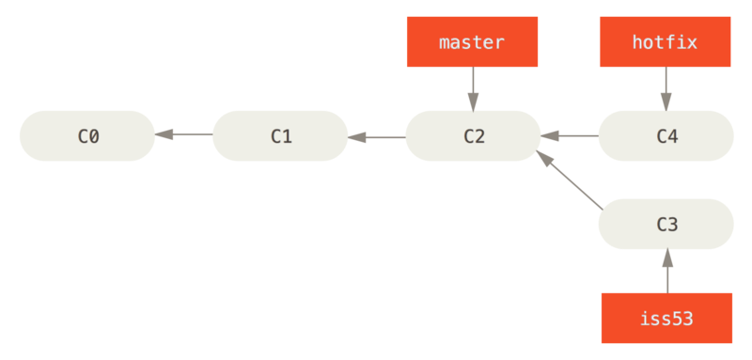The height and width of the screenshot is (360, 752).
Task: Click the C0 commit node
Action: click(x=86, y=136)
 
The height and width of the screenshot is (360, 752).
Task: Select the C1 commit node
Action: click(x=280, y=136)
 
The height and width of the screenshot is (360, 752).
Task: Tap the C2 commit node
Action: click(x=473, y=136)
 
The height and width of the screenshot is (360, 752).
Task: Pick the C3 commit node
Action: click(x=666, y=224)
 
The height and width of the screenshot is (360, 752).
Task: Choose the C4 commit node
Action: click(x=666, y=136)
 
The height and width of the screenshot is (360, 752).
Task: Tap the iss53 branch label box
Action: click(x=666, y=318)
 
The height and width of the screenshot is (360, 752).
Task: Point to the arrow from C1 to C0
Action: click(x=183, y=136)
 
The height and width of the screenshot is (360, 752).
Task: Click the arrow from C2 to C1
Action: click(x=376, y=136)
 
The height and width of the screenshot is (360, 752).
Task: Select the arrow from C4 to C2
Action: click(x=570, y=136)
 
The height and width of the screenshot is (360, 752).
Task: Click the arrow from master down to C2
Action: click(x=472, y=88)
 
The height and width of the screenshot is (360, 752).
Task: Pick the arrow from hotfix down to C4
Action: click(x=666, y=88)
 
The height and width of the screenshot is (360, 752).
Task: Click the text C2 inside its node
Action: click(x=474, y=136)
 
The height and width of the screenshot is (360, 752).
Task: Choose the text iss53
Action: click(x=666, y=318)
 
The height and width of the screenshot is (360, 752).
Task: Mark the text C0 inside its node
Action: click(x=87, y=136)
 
